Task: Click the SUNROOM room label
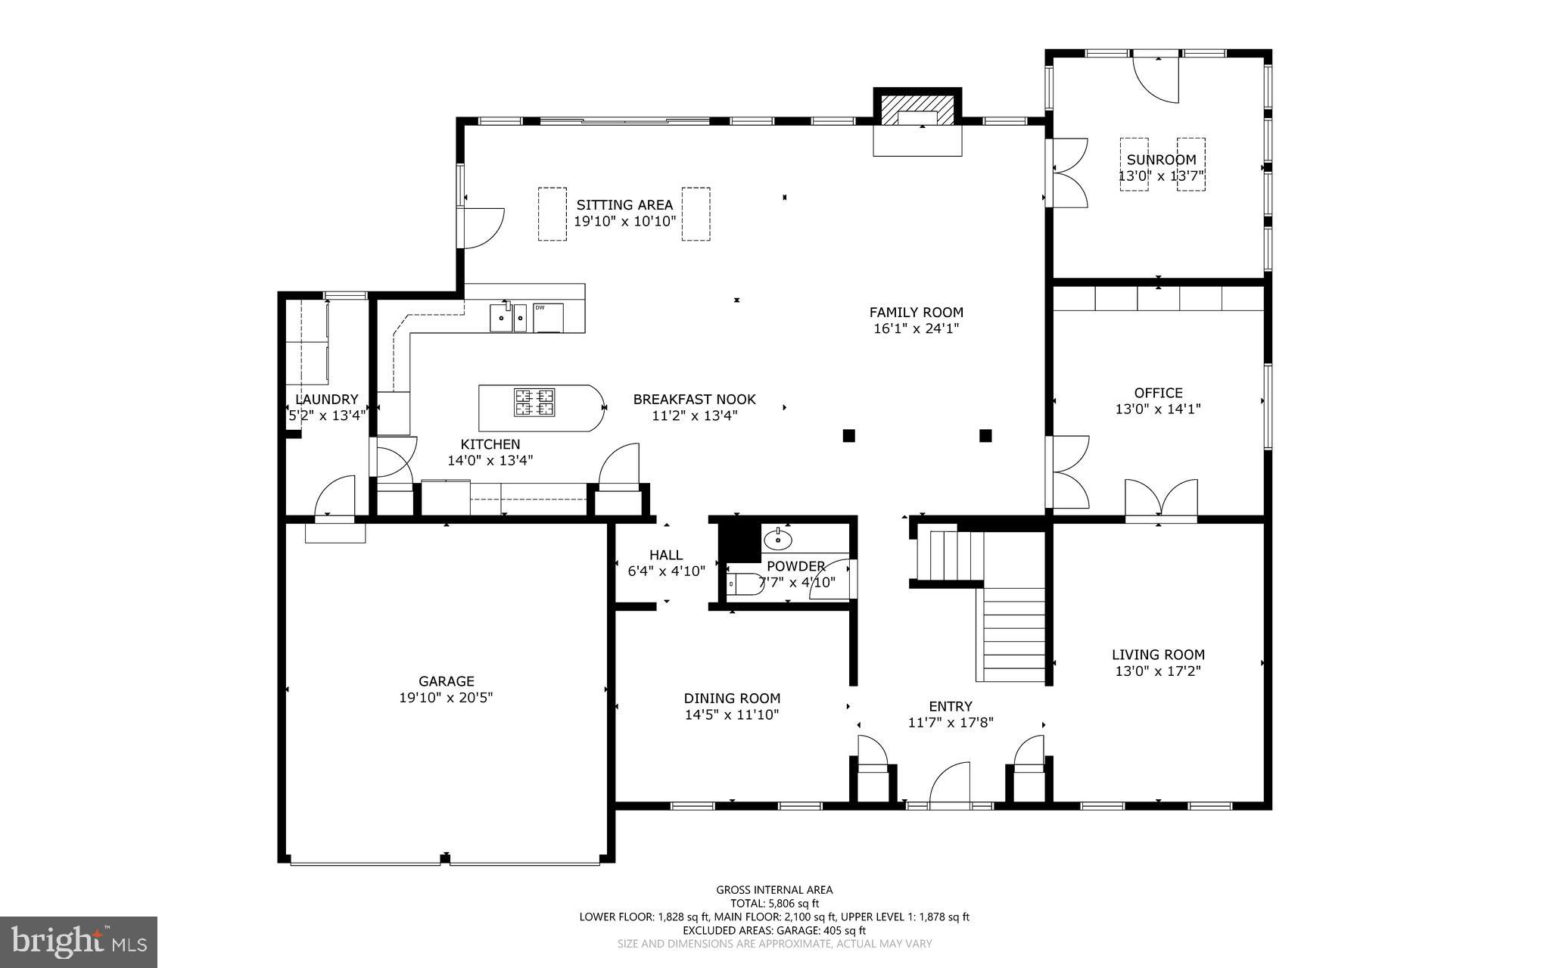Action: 1161,160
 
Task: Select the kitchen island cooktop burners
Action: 534,402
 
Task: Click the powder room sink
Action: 777,540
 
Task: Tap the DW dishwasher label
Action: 540,307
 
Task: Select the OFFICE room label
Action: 1158,393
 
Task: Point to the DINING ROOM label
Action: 732,699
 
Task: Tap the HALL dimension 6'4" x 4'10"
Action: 666,571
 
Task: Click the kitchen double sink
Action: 509,318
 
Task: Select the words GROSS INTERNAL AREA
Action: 774,890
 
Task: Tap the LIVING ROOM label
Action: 1158,655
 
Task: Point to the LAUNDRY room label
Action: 326,400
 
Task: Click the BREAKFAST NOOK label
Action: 694,400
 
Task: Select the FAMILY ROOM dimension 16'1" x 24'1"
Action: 916,328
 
